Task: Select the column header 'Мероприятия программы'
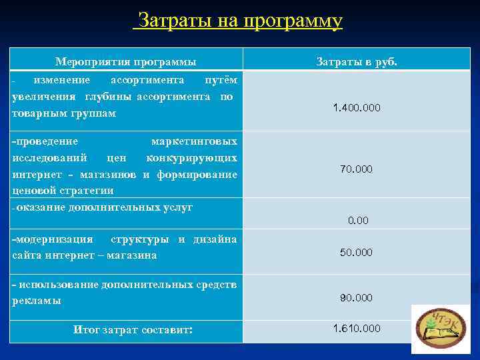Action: pyautogui.click(x=125, y=62)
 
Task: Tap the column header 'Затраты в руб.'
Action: pyautogui.click(x=357, y=62)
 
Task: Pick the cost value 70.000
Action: pyautogui.click(x=357, y=169)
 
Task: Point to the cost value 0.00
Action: pyautogui.click(x=358, y=220)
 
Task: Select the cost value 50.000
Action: pyautogui.click(x=357, y=253)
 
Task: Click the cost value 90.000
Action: pyautogui.click(x=357, y=297)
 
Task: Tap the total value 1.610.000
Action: pyautogui.click(x=357, y=328)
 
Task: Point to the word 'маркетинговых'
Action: pyautogui.click(x=193, y=141)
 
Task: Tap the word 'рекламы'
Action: pyautogui.click(x=36, y=301)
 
